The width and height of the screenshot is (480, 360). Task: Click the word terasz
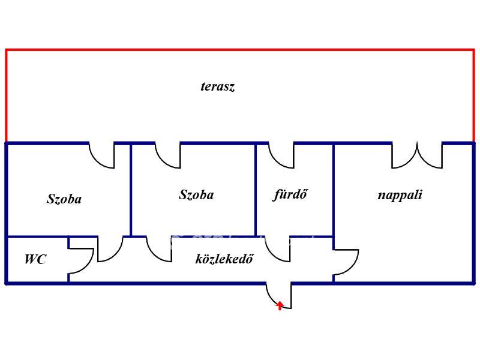(x=217, y=86)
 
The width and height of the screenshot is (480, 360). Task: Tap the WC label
(x=35, y=260)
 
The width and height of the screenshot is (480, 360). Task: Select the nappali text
(x=400, y=195)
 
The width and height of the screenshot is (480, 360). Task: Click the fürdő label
(x=290, y=194)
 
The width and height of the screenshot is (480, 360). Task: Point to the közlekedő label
(x=224, y=259)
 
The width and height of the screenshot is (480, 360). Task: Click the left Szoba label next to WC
(x=64, y=199)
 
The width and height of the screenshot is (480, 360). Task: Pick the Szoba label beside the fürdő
(x=196, y=195)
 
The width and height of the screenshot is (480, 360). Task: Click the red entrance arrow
(x=280, y=306)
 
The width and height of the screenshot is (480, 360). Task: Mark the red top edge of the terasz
(x=240, y=50)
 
